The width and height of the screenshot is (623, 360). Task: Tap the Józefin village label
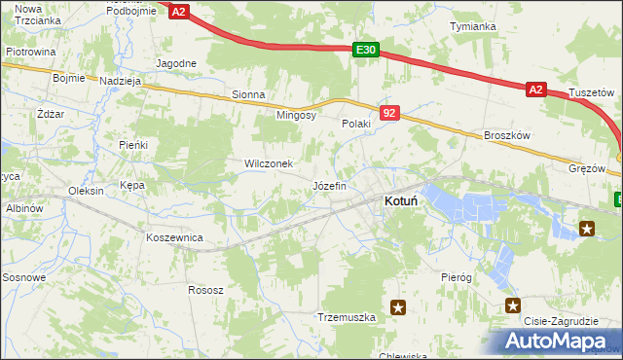(328, 185)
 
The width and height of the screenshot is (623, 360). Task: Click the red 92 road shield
(389, 114)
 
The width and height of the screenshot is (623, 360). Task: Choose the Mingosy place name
(297, 115)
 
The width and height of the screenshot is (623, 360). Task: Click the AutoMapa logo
(557, 341)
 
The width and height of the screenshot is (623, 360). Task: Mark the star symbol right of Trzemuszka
(398, 307)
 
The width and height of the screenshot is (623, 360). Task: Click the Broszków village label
(506, 136)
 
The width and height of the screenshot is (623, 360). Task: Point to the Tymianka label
(472, 26)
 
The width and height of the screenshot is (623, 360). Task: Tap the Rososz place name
(206, 290)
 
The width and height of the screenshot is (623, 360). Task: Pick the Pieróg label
(456, 277)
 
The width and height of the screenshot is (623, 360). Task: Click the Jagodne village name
(176, 63)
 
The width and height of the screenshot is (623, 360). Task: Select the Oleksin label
(87, 191)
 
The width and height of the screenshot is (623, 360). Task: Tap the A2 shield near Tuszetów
(535, 90)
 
